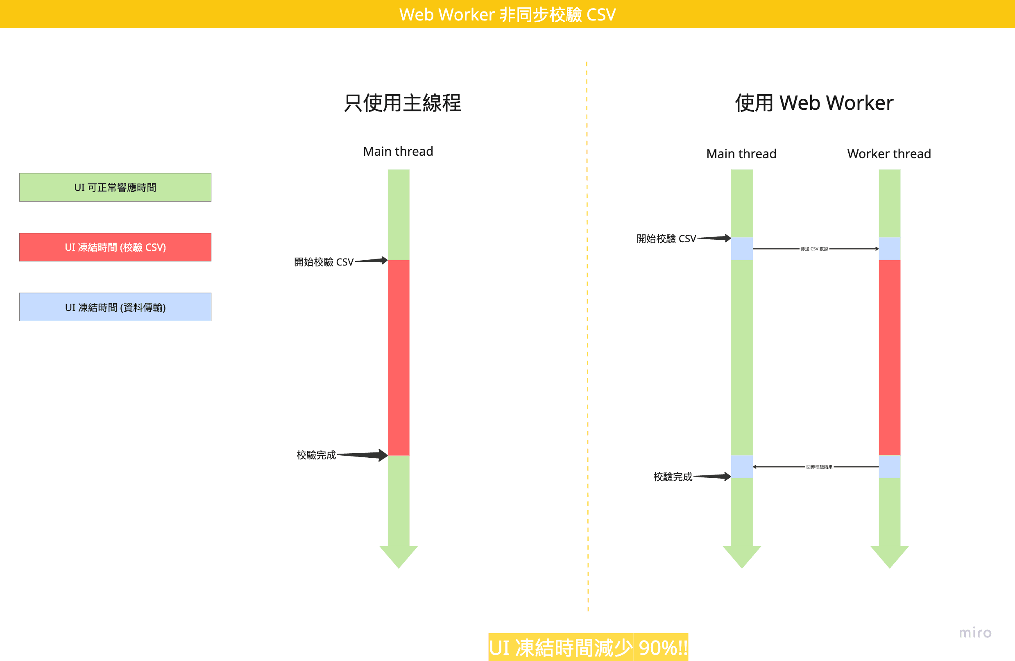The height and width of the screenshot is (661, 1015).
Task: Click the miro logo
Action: [x=975, y=632]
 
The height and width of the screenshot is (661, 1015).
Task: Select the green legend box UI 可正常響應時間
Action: [x=115, y=187]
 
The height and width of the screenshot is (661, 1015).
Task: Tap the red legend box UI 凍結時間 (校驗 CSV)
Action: [x=115, y=247]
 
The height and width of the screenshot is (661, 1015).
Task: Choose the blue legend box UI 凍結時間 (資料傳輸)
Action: [x=115, y=307]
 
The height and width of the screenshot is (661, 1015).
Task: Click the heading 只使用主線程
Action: [x=402, y=103]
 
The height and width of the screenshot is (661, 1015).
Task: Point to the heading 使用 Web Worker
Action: [x=814, y=103]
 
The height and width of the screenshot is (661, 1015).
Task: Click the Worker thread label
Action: [x=889, y=154]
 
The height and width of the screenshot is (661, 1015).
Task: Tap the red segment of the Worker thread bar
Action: [x=889, y=358]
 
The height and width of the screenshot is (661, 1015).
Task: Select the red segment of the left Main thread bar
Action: [x=398, y=358]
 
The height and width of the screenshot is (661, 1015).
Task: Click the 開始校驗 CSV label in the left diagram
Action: [x=324, y=262]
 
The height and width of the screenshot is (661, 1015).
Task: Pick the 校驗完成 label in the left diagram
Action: [x=316, y=455]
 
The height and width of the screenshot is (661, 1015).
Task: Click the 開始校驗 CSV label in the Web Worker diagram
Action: [x=666, y=239]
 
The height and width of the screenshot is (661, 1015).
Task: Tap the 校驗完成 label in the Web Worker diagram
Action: [x=673, y=477]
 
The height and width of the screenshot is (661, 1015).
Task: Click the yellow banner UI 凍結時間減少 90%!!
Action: [x=588, y=647]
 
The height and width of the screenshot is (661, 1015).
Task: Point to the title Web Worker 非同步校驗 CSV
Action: [x=507, y=14]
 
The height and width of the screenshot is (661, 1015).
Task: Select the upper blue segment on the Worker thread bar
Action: [x=889, y=249]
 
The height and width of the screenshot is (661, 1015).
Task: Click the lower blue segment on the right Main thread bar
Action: [x=742, y=467]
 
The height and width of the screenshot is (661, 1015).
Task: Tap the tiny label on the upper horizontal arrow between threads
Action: [x=814, y=249]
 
